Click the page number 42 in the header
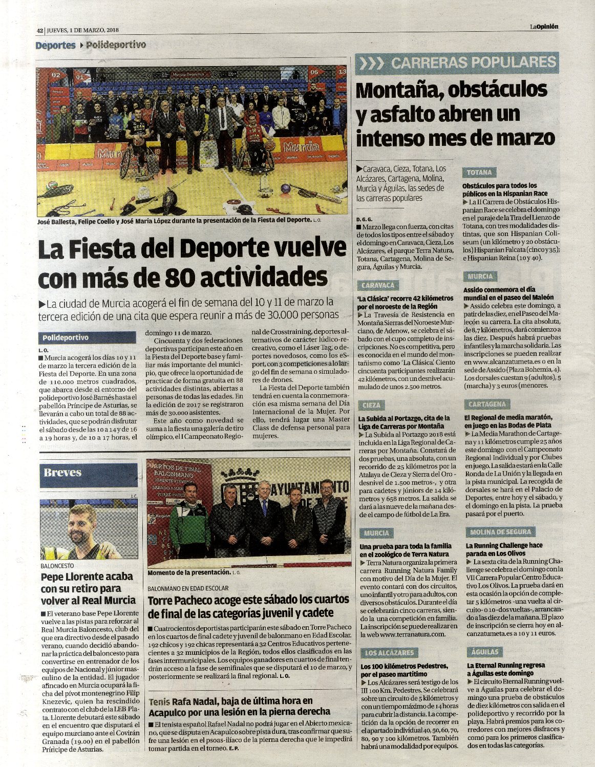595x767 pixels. coord(39,30)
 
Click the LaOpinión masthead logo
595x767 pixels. coord(544,27)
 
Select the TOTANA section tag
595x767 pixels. coord(479,173)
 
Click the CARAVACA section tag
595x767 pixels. coord(378,285)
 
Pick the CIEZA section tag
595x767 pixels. coord(371,405)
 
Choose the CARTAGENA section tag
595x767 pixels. coord(487,404)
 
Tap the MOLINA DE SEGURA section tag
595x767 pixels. coord(500,532)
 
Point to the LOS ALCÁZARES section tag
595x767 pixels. coord(389,653)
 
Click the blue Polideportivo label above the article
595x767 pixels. coord(66,338)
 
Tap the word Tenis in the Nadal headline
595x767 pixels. coord(159,701)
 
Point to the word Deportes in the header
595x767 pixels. coord(55,46)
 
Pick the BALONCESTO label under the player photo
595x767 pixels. coord(57,566)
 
